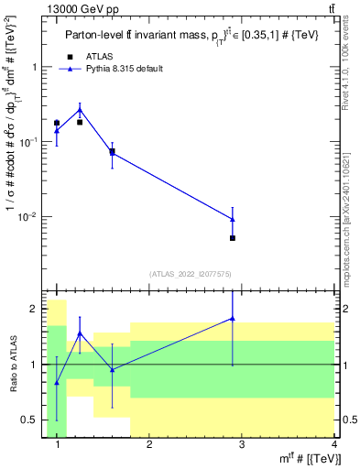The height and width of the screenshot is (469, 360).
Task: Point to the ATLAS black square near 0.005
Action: coord(233,238)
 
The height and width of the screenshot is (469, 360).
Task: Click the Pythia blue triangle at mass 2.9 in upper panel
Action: coord(233,219)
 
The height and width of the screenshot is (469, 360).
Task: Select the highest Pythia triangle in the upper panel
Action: coord(80,110)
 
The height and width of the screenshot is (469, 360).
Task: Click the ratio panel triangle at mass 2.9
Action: coord(233,318)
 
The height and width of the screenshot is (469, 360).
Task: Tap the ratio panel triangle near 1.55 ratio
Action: coord(80,333)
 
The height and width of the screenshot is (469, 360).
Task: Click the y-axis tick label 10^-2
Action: coord(32,217)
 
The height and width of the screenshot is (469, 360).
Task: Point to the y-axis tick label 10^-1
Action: coord(32,142)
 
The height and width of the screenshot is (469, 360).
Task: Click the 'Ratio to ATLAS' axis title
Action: coord(13,364)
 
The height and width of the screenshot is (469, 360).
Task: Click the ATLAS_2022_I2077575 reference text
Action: coord(191,273)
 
